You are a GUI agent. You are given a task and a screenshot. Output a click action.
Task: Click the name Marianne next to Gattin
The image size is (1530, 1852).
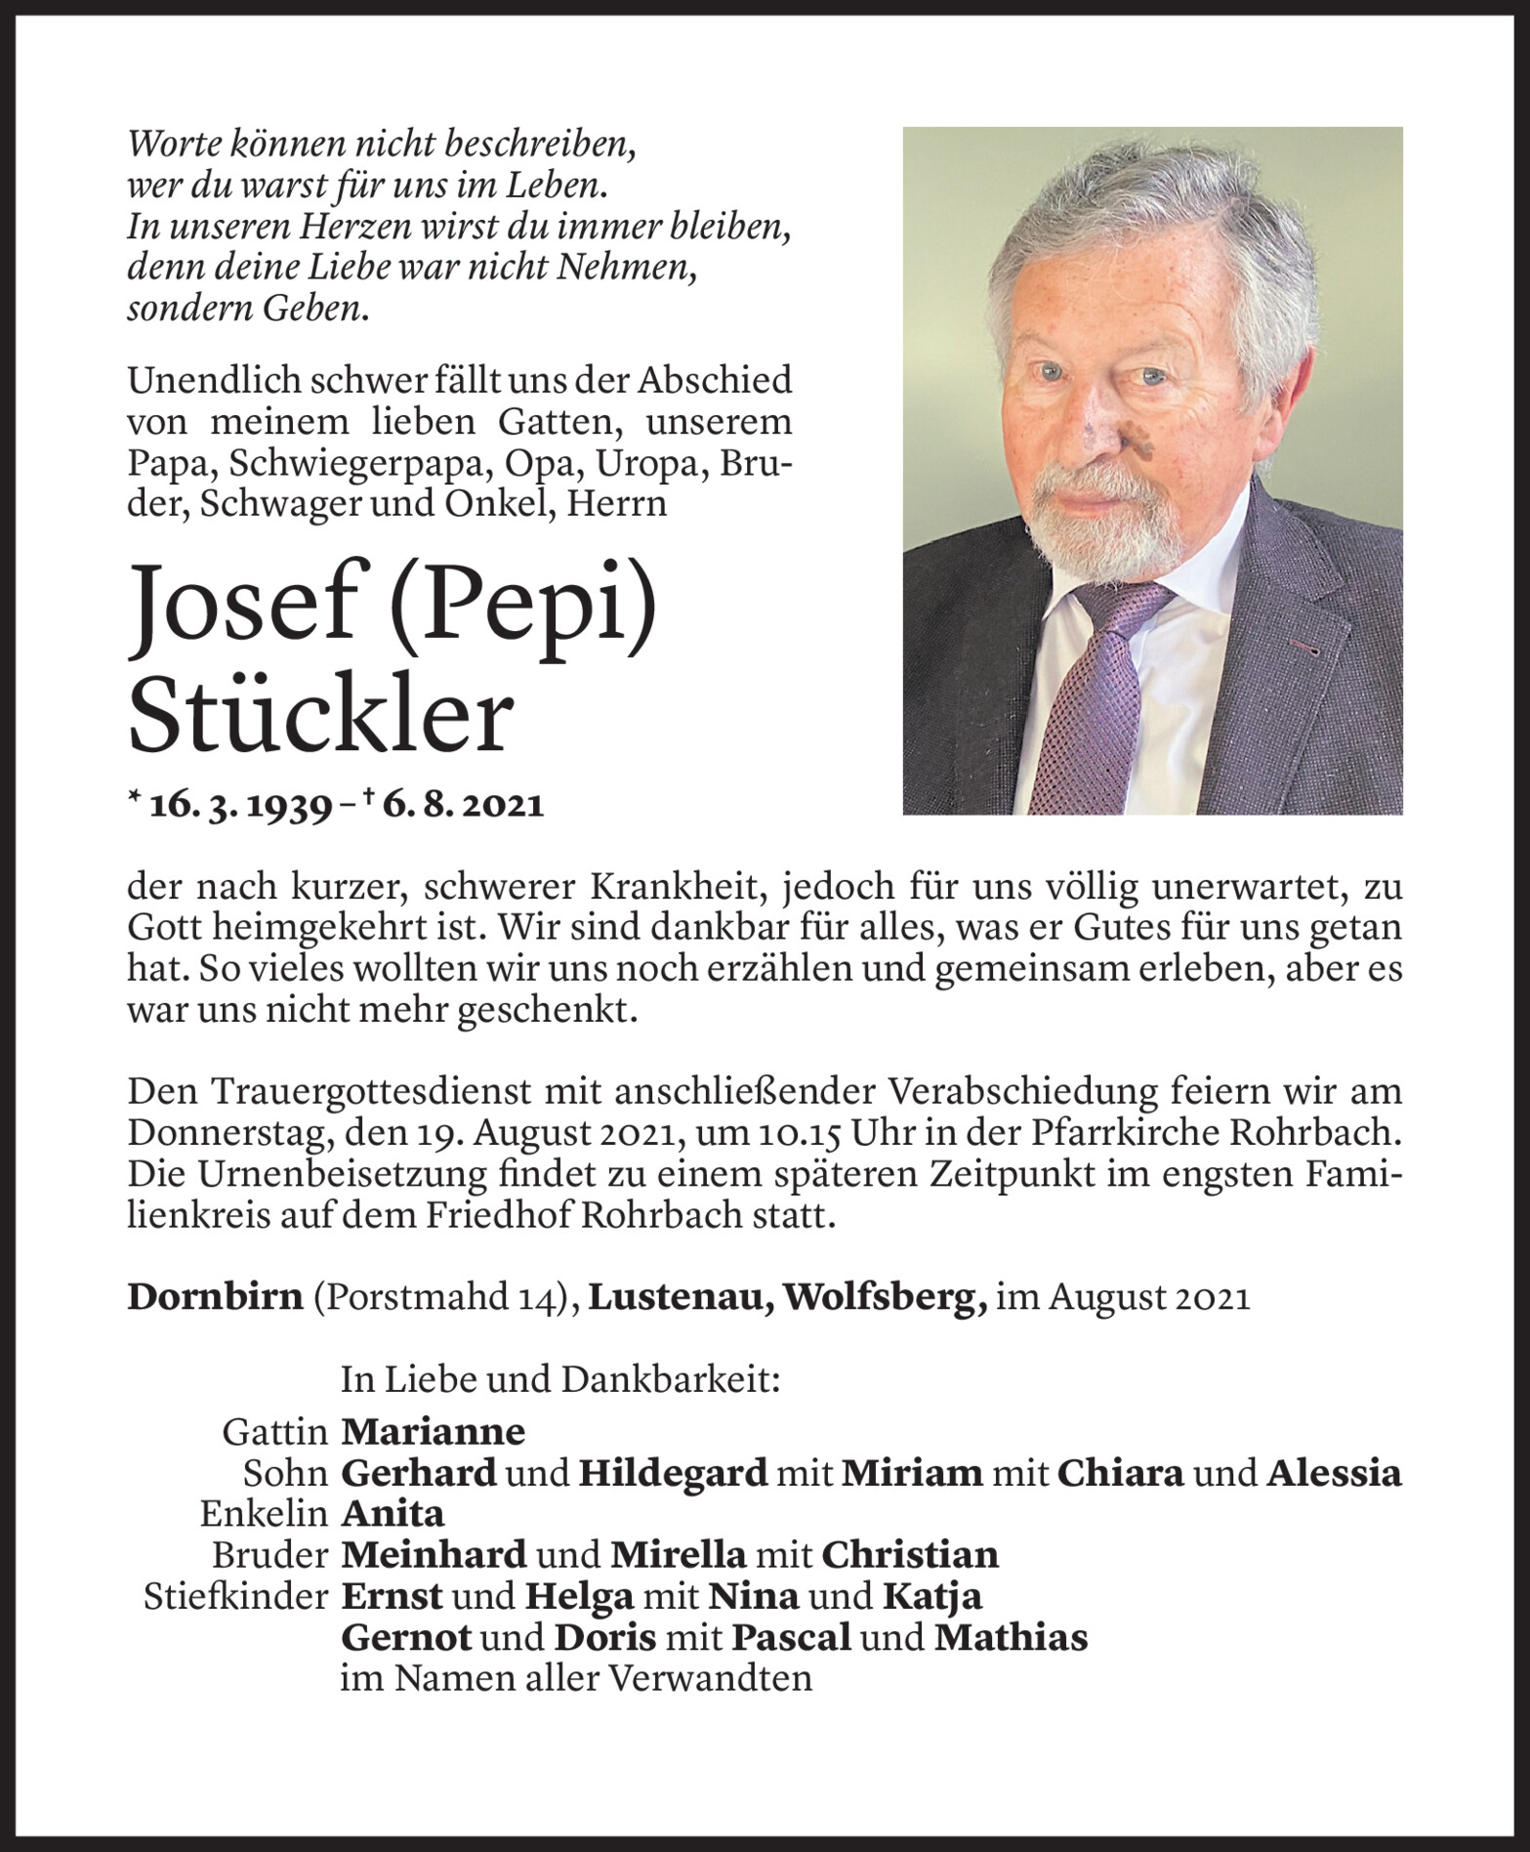[x=433, y=1432]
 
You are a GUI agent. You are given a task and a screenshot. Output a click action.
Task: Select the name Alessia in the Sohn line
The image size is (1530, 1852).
[x=1334, y=1473]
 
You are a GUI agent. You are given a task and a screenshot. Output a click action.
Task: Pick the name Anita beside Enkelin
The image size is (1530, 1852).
[x=393, y=1514]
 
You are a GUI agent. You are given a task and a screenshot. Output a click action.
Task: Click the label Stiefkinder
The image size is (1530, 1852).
[x=235, y=1596]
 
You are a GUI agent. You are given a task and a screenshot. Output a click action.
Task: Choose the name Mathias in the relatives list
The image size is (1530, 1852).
[x=1011, y=1637]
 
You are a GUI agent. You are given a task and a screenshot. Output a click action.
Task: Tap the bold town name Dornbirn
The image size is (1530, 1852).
[x=215, y=1297]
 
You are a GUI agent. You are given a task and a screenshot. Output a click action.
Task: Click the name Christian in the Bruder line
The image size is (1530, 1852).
[x=910, y=1555]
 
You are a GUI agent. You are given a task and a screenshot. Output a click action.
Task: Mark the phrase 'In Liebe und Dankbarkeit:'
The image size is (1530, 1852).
[x=559, y=1379]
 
